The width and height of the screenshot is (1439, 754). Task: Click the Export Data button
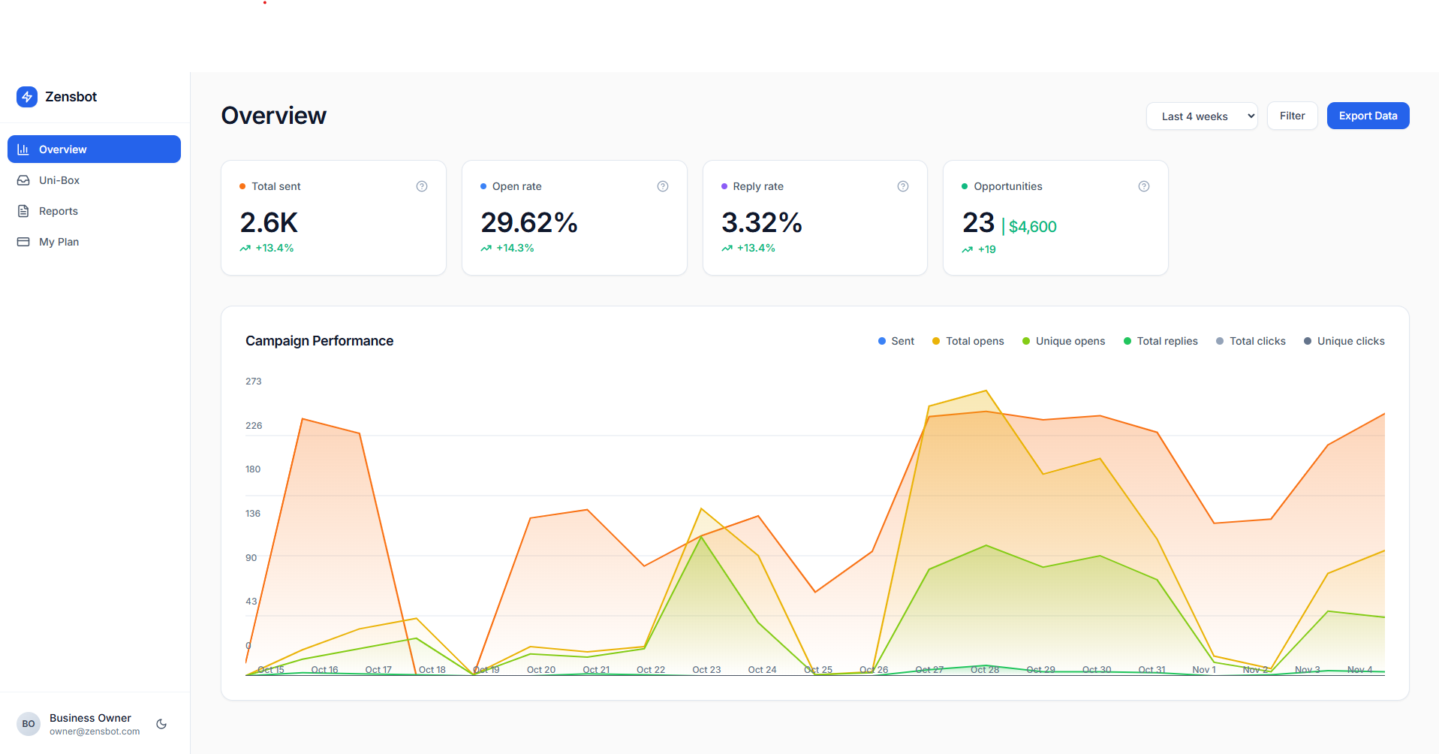1368,116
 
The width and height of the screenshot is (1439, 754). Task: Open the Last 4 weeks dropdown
1201,116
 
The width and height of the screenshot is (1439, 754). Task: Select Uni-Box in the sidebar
59,180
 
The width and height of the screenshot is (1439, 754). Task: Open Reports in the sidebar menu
58,211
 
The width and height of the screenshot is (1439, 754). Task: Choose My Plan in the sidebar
59,242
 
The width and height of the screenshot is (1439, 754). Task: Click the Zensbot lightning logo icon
27,97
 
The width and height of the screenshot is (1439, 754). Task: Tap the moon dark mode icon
161,724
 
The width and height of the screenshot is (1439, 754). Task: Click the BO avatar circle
29,724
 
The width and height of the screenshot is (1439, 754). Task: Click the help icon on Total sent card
422,186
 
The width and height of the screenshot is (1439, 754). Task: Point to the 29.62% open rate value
529,222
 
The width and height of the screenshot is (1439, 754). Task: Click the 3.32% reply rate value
762,222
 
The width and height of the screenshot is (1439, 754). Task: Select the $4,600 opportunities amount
1032,227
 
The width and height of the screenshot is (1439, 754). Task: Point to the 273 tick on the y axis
254,382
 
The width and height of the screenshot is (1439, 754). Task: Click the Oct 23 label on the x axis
706,670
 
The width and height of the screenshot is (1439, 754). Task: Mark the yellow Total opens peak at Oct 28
986,391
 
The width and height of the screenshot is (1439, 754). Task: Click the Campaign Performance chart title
319,341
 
